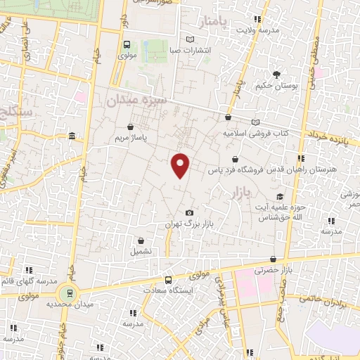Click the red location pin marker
click(181, 165)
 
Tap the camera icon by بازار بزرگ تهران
click(189, 213)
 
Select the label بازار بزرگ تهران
click(189, 224)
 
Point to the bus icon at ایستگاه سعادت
click(167, 280)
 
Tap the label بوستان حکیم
click(276, 85)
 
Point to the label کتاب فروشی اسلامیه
click(257, 132)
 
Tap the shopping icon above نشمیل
click(141, 240)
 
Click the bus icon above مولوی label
click(126, 43)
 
